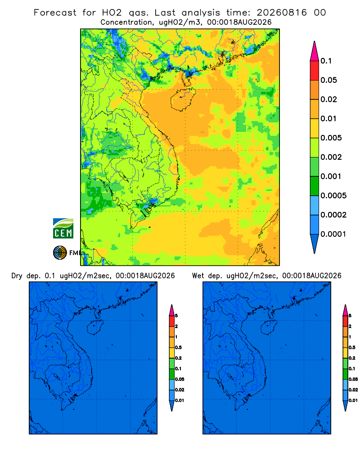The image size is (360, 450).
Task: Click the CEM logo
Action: click(63, 229)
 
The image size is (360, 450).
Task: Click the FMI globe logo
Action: click(60, 253)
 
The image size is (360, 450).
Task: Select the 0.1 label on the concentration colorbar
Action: click(326, 61)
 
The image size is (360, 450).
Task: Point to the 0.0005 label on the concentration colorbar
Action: click(333, 196)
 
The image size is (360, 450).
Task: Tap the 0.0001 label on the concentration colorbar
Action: click(333, 234)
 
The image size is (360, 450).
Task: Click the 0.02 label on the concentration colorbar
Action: click(328, 99)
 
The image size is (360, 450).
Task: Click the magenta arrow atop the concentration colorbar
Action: click(315, 51)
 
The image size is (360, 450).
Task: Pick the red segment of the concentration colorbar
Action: click(315, 71)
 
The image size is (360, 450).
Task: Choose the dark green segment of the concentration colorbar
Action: click(315, 186)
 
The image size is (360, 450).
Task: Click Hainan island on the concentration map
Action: click(183, 99)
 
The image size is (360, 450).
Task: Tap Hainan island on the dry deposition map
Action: click(95, 328)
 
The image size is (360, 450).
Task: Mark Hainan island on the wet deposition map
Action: click(269, 328)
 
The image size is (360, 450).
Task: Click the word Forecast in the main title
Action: click(55, 13)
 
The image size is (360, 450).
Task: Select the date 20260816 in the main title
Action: click(282, 13)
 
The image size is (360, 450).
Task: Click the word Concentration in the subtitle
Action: click(126, 22)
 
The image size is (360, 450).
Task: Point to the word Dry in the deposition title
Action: click(17, 276)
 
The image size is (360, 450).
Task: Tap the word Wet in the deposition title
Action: click(198, 276)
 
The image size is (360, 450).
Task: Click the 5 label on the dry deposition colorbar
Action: click(176, 316)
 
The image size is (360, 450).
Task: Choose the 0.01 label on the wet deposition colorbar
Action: click(353, 400)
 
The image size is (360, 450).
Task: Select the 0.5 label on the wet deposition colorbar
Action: click(352, 347)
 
